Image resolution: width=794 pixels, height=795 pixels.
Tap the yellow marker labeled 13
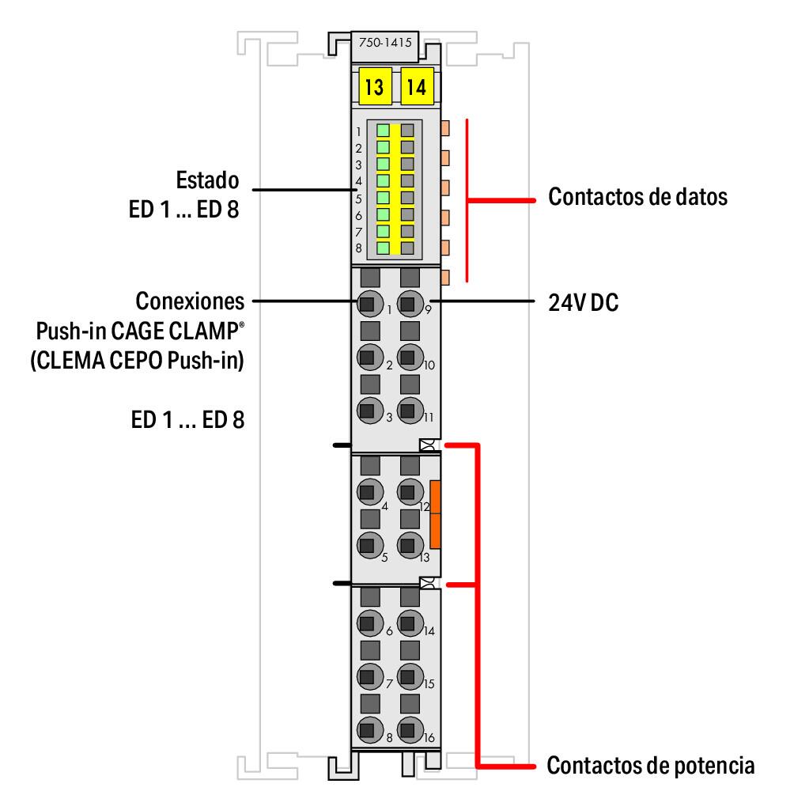[373, 85]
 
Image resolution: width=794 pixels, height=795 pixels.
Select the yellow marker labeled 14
[416, 85]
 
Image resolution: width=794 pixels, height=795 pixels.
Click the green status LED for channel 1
[384, 131]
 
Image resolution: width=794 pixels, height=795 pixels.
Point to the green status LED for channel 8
[384, 248]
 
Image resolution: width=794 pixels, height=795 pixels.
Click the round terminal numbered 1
[368, 302]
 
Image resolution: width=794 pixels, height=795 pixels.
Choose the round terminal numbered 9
[408, 302]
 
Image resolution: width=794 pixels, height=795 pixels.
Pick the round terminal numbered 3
[368, 410]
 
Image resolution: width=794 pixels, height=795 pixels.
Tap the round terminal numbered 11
[408, 410]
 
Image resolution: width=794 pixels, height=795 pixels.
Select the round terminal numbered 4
[368, 491]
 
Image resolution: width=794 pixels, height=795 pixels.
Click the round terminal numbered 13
[408, 544]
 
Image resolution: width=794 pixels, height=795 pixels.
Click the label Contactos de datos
[637, 197]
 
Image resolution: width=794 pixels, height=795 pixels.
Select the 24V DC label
[583, 302]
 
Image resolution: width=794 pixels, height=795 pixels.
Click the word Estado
[207, 180]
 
